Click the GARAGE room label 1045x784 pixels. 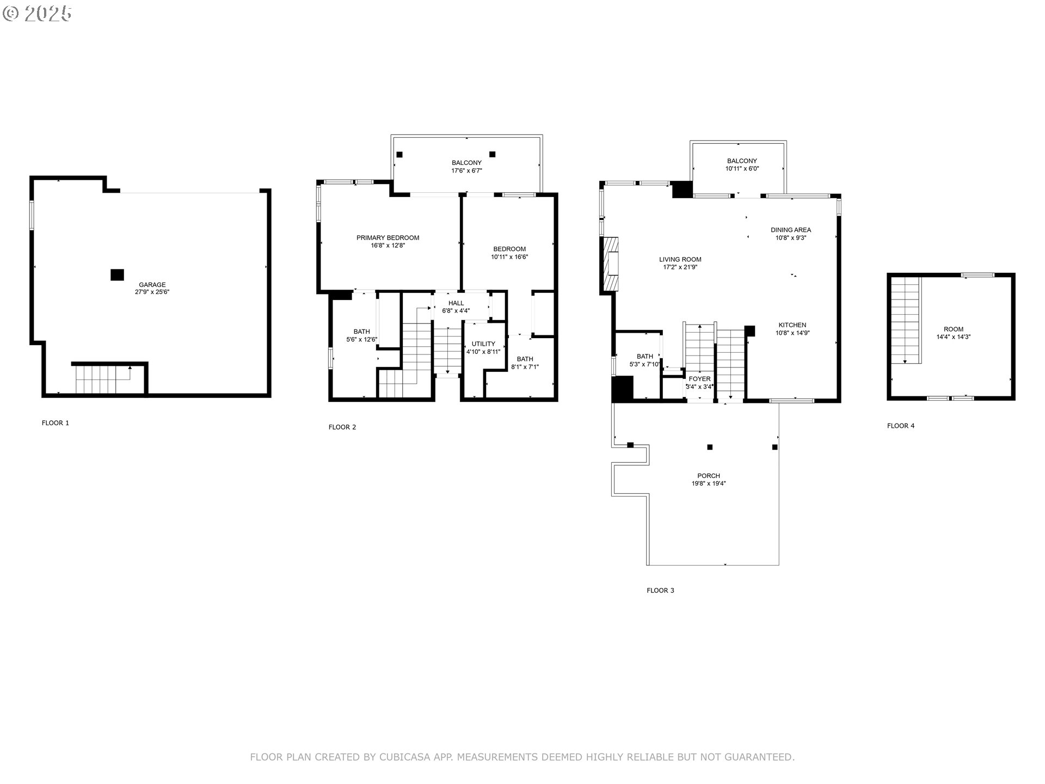(152, 285)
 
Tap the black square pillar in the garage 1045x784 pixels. (117, 275)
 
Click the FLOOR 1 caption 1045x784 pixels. (56, 423)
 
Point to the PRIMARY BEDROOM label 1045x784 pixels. (388, 238)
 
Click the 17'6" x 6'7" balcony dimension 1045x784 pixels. (466, 170)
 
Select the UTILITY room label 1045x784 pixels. (483, 344)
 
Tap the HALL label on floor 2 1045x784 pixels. (456, 303)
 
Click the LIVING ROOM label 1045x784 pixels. (680, 260)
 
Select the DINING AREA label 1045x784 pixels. (790, 230)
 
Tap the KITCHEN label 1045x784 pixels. (792, 325)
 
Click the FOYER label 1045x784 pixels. (699, 379)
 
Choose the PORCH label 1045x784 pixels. (708, 476)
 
